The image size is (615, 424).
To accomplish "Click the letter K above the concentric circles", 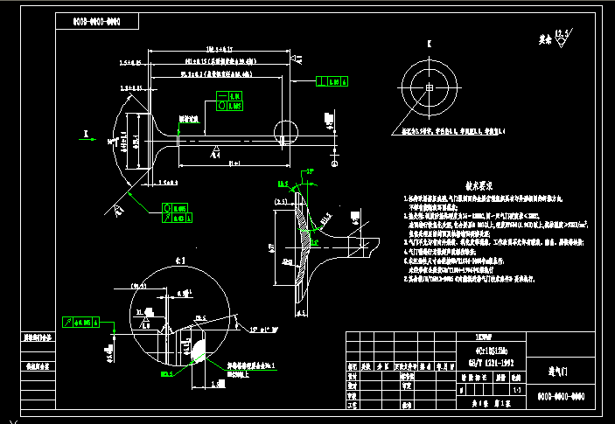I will point(429,44).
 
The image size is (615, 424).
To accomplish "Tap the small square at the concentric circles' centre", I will point(429,88).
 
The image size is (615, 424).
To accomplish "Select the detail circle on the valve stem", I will point(285,134).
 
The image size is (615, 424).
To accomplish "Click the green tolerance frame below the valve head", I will point(180,212).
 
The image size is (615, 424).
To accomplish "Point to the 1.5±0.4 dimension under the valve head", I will point(170,184).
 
